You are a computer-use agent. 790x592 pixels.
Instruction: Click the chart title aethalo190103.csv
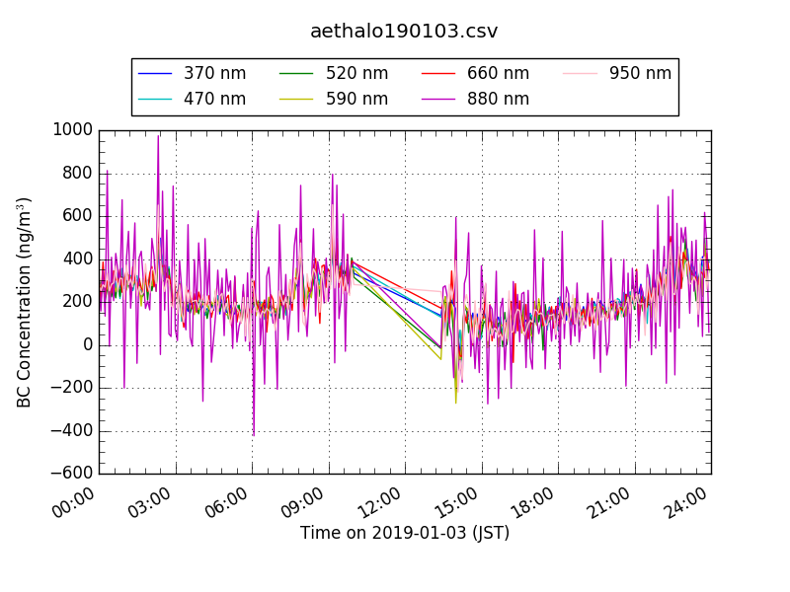point(404,31)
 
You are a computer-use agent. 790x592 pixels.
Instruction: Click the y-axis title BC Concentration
point(25,302)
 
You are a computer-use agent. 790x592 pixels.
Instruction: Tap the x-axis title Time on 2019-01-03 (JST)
point(405,533)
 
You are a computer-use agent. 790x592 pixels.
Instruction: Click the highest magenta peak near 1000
point(158,136)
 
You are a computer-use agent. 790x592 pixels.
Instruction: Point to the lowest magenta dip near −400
point(254,435)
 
